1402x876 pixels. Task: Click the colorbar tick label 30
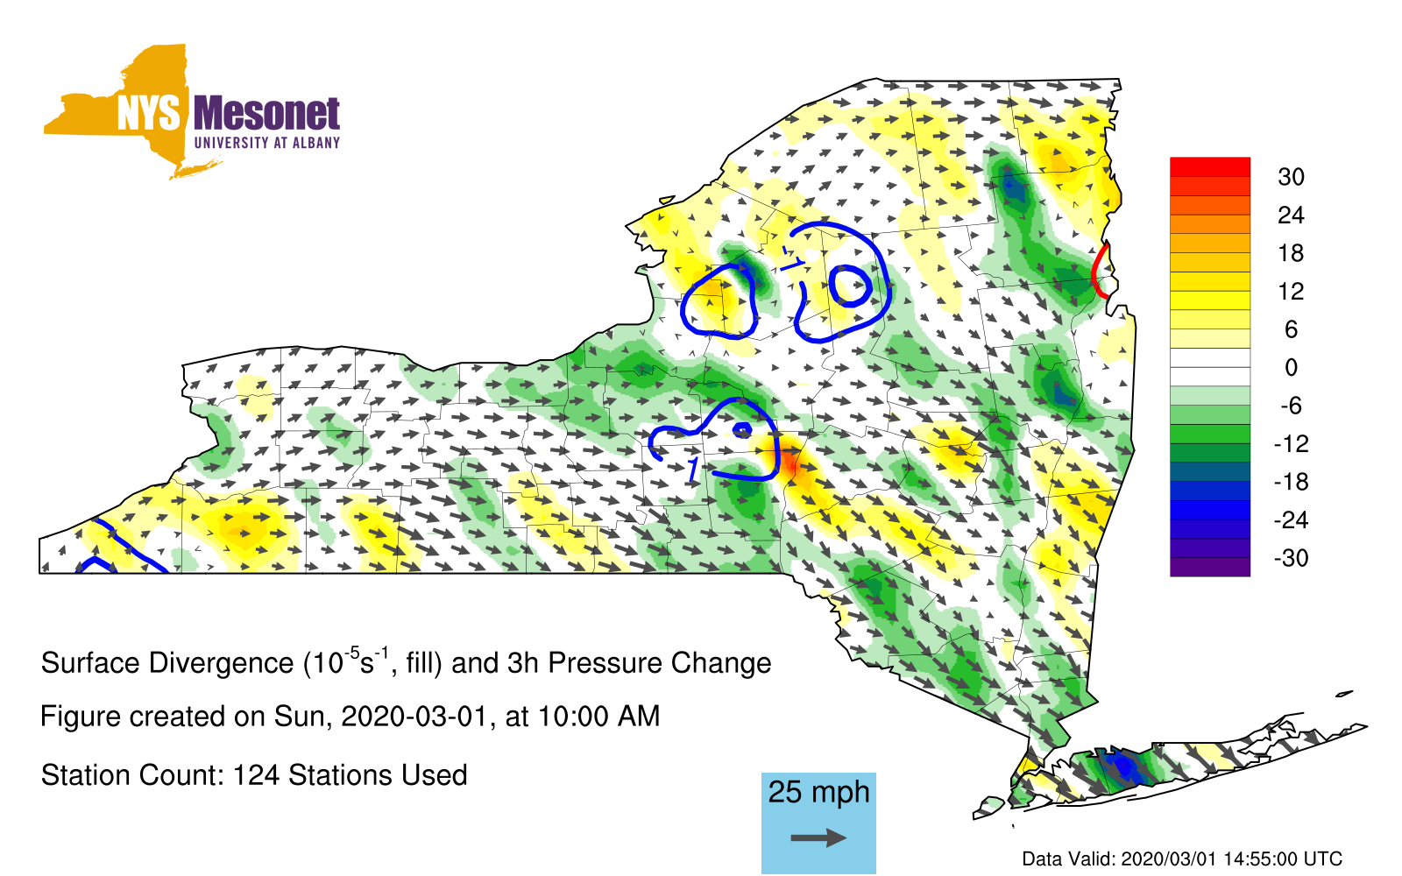(x=1292, y=177)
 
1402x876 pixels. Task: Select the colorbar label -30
(x=1291, y=557)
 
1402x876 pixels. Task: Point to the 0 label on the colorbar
(x=1292, y=367)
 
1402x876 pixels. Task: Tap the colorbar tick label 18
(x=1292, y=253)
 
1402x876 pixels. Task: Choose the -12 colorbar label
(x=1291, y=443)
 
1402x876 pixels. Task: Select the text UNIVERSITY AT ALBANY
(x=267, y=143)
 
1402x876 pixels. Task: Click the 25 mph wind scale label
(x=818, y=793)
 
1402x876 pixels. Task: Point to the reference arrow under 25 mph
(x=818, y=837)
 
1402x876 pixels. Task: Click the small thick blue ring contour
(x=850, y=286)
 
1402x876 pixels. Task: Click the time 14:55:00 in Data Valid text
(x=1261, y=858)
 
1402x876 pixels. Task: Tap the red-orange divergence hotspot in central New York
(x=790, y=464)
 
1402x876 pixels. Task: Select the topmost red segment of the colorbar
(x=1210, y=167)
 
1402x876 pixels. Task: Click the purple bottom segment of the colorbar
(x=1210, y=566)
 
